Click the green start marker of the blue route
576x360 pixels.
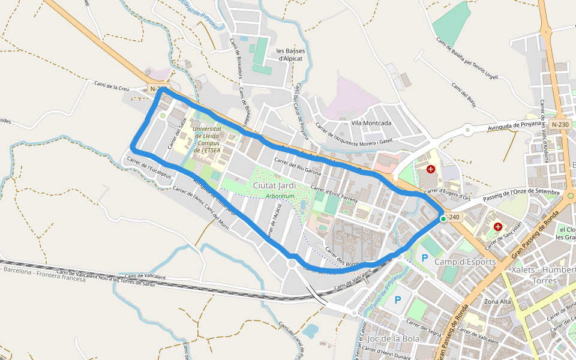(443, 219)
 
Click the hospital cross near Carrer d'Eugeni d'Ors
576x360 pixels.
(431, 170)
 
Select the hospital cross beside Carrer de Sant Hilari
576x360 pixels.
(497, 226)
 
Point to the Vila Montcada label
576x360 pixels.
(371, 123)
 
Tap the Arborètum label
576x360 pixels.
(280, 196)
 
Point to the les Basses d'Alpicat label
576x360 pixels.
(292, 55)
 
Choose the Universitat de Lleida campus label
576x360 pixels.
(208, 139)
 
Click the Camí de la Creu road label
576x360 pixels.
(112, 86)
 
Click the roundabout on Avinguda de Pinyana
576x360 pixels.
(467, 127)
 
